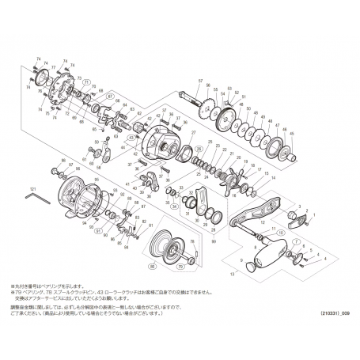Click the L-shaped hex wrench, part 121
[37, 201]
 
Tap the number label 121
[33, 190]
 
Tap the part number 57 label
[200, 81]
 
